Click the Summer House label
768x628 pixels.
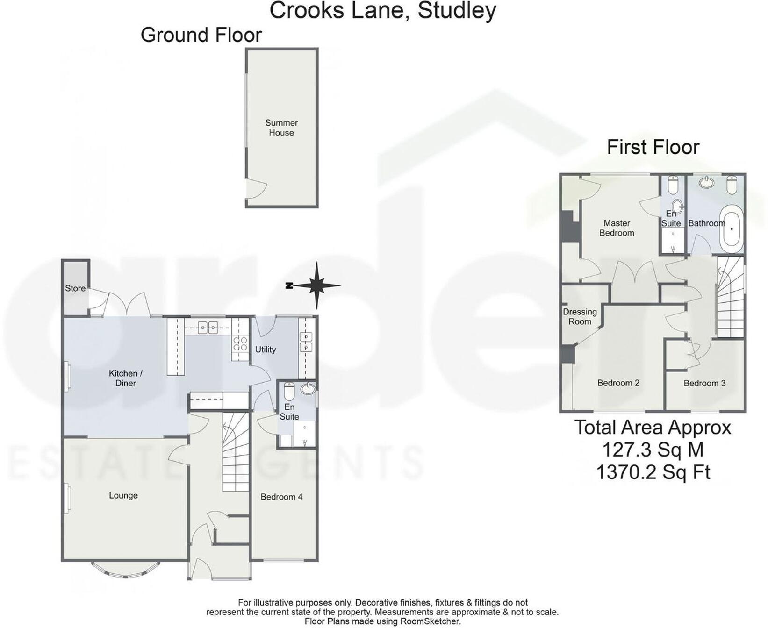pyautogui.click(x=281, y=128)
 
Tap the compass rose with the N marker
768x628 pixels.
pyautogui.click(x=316, y=285)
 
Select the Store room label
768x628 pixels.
pyautogui.click(x=75, y=288)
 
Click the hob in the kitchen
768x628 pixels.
pyautogui.click(x=240, y=344)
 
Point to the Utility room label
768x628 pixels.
pyautogui.click(x=265, y=350)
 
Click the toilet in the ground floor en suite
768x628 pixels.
pyautogui.click(x=289, y=392)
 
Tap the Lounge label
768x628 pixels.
pyautogui.click(x=123, y=495)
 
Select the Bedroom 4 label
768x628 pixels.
pyautogui.click(x=281, y=497)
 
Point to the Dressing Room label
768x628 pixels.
pyautogui.click(x=580, y=316)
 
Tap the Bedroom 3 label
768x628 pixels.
pyautogui.click(x=704, y=383)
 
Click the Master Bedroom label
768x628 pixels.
pyautogui.click(x=616, y=228)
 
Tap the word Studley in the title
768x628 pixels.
pyautogui.click(x=456, y=10)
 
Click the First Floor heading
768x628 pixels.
pyautogui.click(x=653, y=147)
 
